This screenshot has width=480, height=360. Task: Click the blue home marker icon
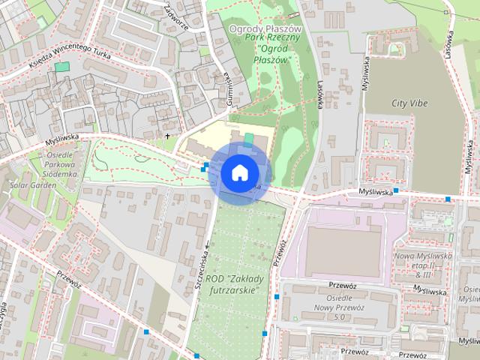[x=239, y=172]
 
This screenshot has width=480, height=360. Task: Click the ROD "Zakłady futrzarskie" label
[x=235, y=283]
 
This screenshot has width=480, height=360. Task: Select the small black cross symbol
[x=167, y=136]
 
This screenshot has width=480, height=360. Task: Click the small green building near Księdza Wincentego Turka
[x=61, y=67]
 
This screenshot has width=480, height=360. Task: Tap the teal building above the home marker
[x=249, y=139]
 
